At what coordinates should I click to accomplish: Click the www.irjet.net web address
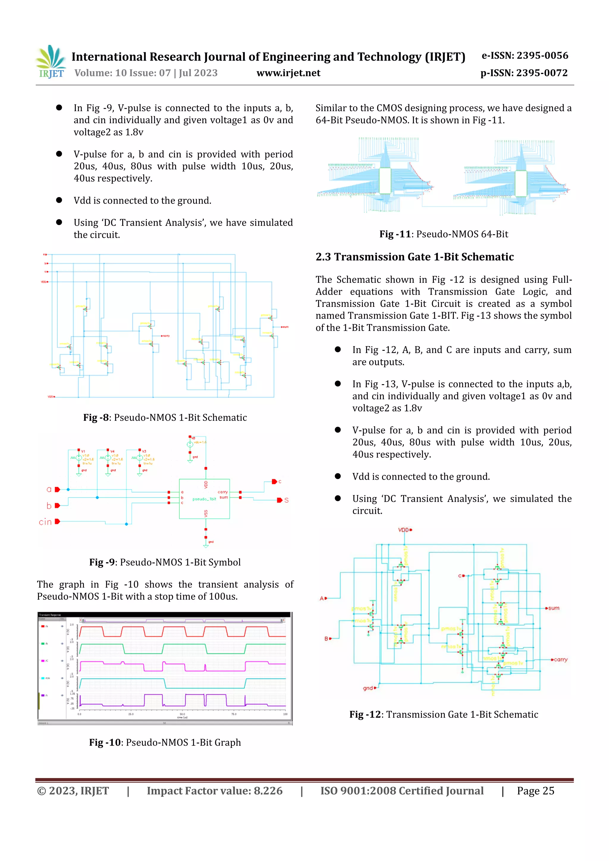point(288,73)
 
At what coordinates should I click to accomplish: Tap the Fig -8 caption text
point(165,417)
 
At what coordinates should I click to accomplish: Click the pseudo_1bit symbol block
point(204,499)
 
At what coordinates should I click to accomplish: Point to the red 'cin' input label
point(45,522)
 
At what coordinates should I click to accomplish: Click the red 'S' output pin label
point(286,500)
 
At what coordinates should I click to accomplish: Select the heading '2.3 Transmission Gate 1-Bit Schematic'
point(414,257)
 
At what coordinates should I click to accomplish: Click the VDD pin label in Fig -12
point(404,530)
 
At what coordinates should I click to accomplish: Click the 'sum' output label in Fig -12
point(554,608)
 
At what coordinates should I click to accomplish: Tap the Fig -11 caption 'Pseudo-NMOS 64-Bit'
point(443,234)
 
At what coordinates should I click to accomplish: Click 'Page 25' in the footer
point(535,791)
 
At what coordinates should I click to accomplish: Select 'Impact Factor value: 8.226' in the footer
point(214,791)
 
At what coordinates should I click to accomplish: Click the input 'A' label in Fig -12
point(322,598)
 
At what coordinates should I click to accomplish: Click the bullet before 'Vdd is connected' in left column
point(59,200)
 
